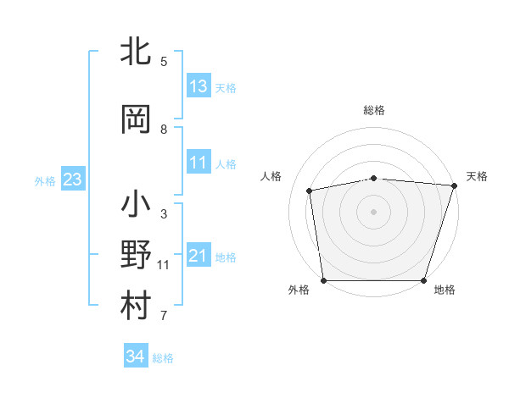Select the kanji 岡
[137, 119]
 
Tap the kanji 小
[137, 206]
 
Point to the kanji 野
[137, 255]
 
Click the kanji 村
[137, 306]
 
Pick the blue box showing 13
[199, 86]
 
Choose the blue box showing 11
[199, 163]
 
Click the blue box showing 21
[199, 256]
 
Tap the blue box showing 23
[72, 180]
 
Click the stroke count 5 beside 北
[164, 62]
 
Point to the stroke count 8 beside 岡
[164, 130]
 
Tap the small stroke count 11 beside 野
[164, 265]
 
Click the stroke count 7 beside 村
[164, 317]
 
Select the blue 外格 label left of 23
[45, 180]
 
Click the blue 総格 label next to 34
[163, 358]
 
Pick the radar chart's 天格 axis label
[477, 176]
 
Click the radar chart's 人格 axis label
[271, 176]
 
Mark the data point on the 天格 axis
[454, 185]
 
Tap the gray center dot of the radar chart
[374, 211]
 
